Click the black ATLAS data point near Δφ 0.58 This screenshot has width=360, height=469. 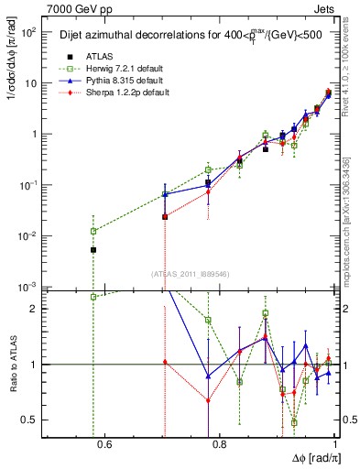pos(93,250)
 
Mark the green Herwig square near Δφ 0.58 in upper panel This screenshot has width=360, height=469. pos(93,231)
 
